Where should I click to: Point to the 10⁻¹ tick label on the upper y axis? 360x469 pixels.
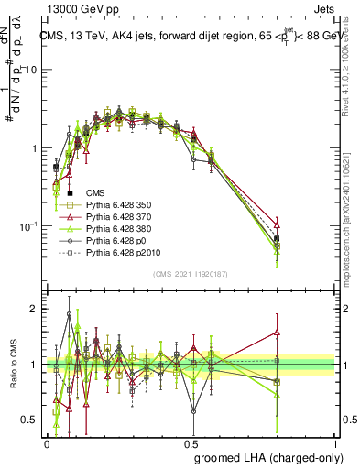27,225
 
